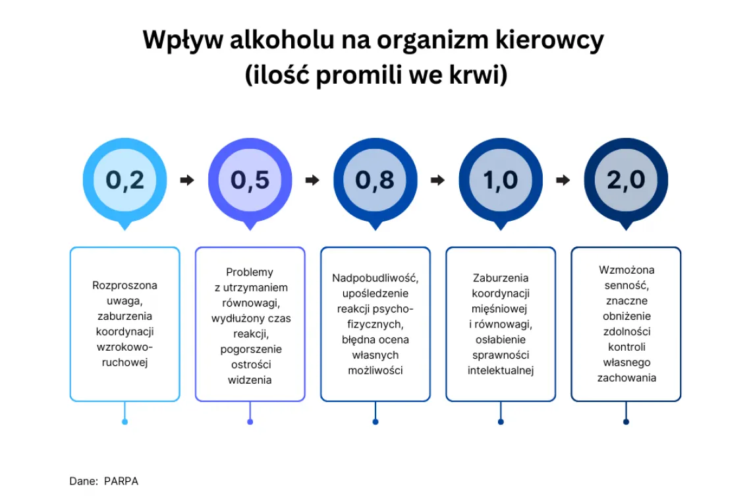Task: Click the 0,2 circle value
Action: [x=125, y=180]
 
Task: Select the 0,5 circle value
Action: [x=250, y=180]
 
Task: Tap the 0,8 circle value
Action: [x=375, y=180]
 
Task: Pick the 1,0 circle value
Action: [x=501, y=180]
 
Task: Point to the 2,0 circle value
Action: [x=626, y=180]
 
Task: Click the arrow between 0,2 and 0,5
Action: [x=187, y=180]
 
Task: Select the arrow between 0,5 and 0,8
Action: [x=312, y=180]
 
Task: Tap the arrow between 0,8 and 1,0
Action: [x=437, y=180]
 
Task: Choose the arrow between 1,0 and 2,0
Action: [x=563, y=180]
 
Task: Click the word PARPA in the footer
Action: [x=121, y=481]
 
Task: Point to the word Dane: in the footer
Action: [x=84, y=481]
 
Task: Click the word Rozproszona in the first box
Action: [x=125, y=285]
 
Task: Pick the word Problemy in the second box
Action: [x=250, y=272]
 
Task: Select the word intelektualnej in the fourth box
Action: [x=501, y=370]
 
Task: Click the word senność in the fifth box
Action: [x=626, y=285]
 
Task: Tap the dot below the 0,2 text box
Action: [x=125, y=422]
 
